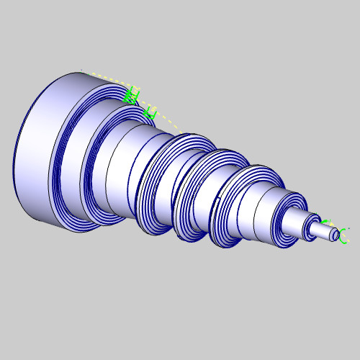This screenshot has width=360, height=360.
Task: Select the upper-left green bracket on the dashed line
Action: pos(130,94)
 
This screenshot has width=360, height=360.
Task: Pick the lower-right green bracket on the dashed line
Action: pos(150,112)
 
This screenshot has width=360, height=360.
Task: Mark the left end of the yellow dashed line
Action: pos(84,71)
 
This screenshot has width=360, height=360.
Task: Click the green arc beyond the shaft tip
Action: pos(343,236)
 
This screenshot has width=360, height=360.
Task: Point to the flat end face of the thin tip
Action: pos(335,234)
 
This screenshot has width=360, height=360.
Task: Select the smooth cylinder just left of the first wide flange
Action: pos(122,173)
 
